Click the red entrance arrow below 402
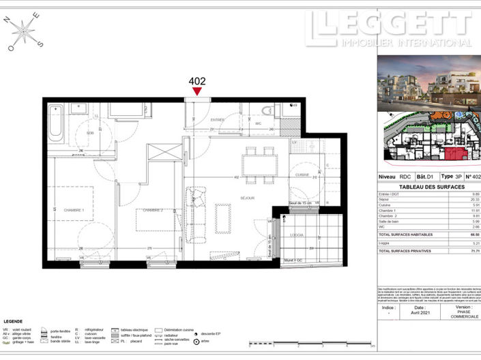tap(197, 91)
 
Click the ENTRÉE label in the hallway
tap(218, 120)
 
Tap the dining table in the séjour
tap(260, 164)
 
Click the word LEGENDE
tap(14, 320)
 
